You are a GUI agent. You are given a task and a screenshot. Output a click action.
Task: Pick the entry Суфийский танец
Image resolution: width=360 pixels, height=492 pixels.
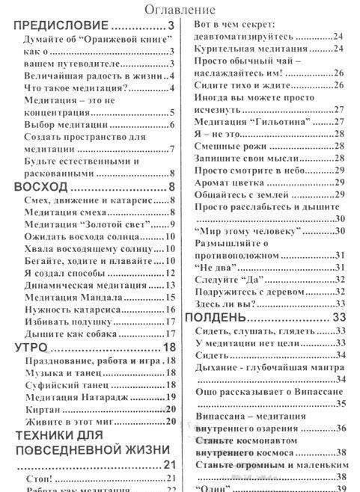pos(64,385)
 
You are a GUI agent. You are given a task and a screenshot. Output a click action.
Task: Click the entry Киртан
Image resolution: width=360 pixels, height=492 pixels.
pos(41,409)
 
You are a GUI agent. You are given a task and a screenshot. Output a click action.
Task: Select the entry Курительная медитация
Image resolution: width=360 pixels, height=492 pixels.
pos(250,49)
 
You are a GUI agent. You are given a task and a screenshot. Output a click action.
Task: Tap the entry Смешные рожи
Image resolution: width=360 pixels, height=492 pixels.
pos(225,146)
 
